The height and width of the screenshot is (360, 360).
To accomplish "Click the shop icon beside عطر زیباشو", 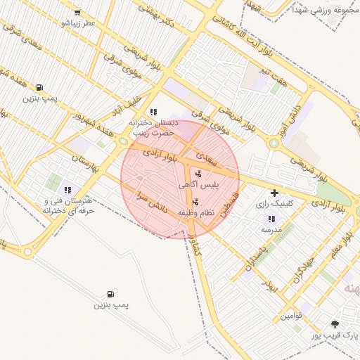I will (77, 13).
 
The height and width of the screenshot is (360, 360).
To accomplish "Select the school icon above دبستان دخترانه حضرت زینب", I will (153, 111).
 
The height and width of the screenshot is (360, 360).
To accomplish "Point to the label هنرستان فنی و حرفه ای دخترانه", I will (68, 205).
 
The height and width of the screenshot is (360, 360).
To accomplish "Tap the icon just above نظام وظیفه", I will (195, 202).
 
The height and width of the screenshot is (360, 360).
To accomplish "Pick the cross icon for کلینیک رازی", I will (274, 192).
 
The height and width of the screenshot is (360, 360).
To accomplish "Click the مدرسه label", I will (271, 230).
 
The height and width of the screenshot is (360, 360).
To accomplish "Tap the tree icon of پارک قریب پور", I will (335, 324).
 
